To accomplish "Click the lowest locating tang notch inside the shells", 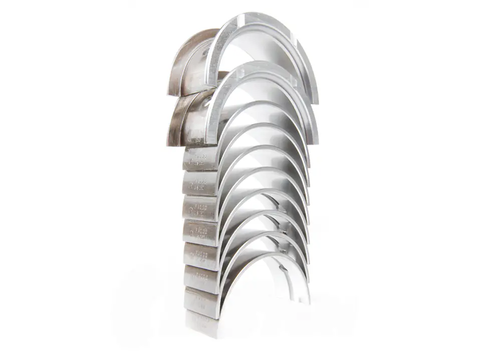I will point(286,263).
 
